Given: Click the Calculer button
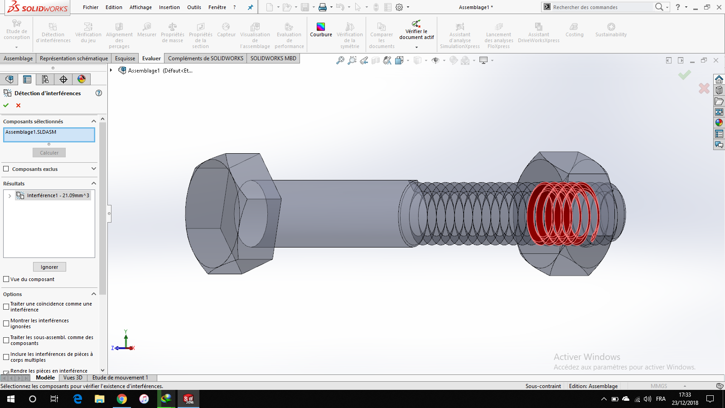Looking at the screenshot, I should [49, 153].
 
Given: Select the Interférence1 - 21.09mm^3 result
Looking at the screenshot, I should [58, 195].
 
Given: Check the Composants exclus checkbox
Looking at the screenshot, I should [6, 169].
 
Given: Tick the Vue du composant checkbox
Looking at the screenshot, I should [6, 279].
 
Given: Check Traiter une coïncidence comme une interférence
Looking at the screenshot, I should [6, 307].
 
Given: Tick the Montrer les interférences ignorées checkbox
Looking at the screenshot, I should [6, 324].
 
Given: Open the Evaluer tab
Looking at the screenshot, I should [151, 58].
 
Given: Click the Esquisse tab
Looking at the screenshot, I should [125, 58].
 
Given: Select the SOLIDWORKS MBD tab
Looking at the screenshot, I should [273, 58].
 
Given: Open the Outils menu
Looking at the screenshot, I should [194, 7].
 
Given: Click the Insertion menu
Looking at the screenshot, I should [169, 7].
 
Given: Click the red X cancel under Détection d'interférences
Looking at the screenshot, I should [19, 105].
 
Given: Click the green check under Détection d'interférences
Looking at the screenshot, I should [6, 105].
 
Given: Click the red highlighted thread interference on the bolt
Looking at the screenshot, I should [562, 213].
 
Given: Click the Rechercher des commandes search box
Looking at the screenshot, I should [598, 7].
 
